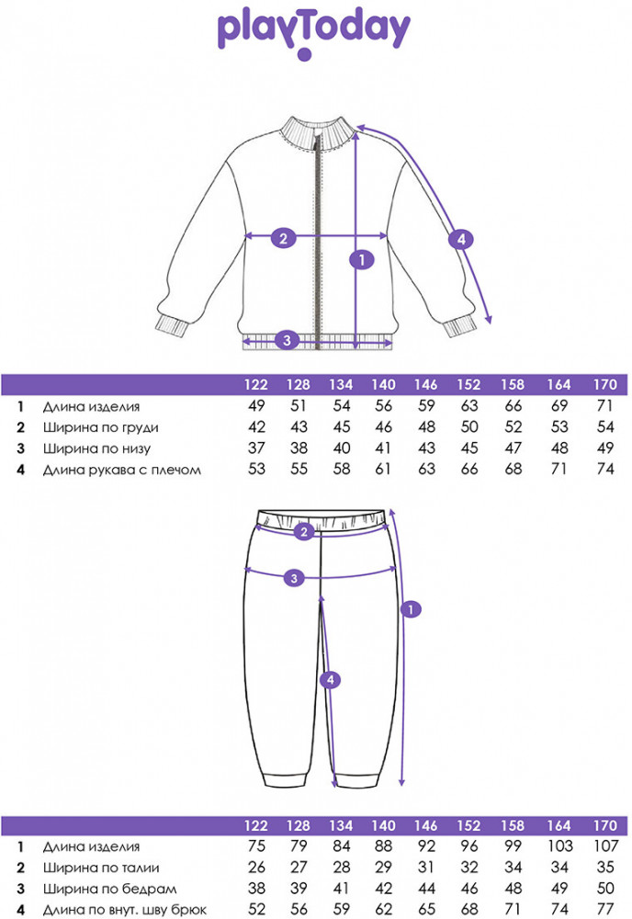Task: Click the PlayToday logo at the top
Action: coord(313,29)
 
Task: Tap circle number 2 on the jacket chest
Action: coord(283,237)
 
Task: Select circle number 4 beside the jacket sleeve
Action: coord(461,240)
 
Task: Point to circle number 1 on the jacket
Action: coord(363,260)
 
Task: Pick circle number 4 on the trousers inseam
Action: coord(331,680)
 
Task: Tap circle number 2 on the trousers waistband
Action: coord(304,530)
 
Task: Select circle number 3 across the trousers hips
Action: coord(292,578)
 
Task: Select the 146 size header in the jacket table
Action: coord(425,385)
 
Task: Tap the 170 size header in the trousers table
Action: coord(604,826)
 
